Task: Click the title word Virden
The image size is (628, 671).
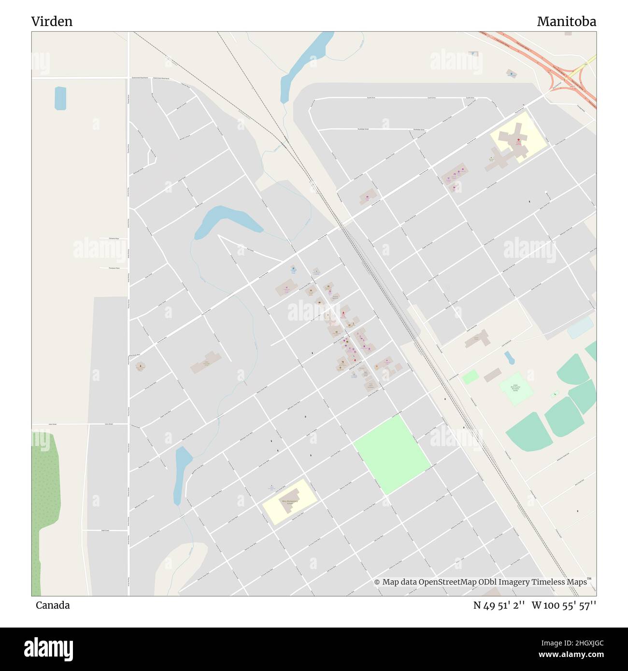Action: [52, 21]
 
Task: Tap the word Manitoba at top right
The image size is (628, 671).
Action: [566, 21]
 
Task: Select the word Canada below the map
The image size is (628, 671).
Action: [53, 605]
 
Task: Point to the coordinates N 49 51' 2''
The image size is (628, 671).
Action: [499, 605]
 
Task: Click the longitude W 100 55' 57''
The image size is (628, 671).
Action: [564, 605]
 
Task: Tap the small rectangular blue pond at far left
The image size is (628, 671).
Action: [60, 98]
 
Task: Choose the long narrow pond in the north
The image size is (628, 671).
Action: [305, 63]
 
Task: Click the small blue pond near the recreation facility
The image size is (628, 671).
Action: [509, 358]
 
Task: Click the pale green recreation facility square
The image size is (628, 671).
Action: [515, 388]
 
